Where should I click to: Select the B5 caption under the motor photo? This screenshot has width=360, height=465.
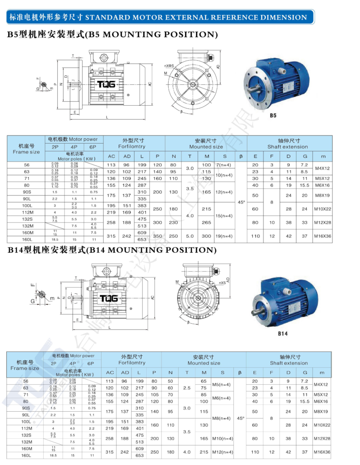coord(273,116)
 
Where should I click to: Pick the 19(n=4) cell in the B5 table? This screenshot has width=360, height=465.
coord(224,236)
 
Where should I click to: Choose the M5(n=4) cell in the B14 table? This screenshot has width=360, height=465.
coord(222,384)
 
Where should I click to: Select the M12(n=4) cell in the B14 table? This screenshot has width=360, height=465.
coord(222,452)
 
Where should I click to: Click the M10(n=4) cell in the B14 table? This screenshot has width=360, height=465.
coord(222,438)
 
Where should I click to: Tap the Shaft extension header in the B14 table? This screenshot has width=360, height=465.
coord(289,363)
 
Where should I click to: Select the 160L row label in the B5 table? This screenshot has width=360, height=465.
coord(26,239)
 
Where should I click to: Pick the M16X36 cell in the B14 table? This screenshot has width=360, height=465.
coord(322,452)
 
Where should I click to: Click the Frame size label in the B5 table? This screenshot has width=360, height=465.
coord(26,152)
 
